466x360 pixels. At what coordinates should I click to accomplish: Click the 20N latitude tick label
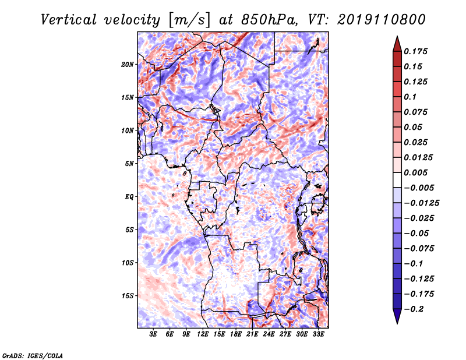point(127,65)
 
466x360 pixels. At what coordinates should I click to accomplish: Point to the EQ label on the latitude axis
point(129,197)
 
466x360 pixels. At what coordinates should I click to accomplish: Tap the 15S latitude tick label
point(127,296)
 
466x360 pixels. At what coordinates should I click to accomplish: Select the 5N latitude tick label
point(129,164)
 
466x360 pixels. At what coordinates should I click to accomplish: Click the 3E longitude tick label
point(153,334)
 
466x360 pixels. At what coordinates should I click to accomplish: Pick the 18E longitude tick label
point(236,334)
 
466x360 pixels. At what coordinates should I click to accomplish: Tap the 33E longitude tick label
point(318,334)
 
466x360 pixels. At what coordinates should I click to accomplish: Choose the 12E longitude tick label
point(203,334)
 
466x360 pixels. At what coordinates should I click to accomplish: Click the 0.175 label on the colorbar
point(415,51)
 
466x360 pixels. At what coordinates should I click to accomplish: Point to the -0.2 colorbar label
point(414,309)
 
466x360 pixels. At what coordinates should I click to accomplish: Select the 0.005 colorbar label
point(415,172)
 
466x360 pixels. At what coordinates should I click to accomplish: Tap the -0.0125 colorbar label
point(421,203)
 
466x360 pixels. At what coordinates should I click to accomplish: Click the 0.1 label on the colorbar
point(410,97)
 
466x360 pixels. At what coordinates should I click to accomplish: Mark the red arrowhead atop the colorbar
point(397,44)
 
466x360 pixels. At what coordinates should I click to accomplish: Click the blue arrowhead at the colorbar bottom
point(397,316)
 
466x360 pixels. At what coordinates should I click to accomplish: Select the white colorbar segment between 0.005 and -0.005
point(397,180)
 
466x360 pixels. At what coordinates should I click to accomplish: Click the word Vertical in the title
point(69,20)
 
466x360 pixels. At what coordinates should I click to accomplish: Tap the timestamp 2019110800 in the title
point(382,20)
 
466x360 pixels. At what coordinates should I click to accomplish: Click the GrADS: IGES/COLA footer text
point(33,355)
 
